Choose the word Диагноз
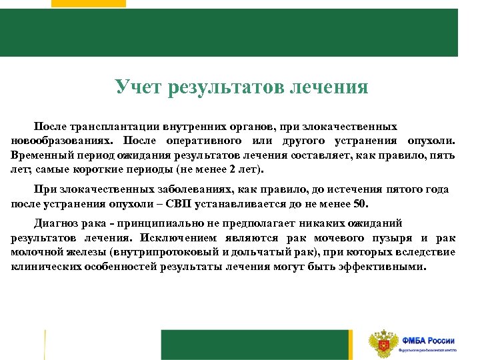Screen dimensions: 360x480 tap(55, 223)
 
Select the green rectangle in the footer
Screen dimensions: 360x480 tap(257, 345)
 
